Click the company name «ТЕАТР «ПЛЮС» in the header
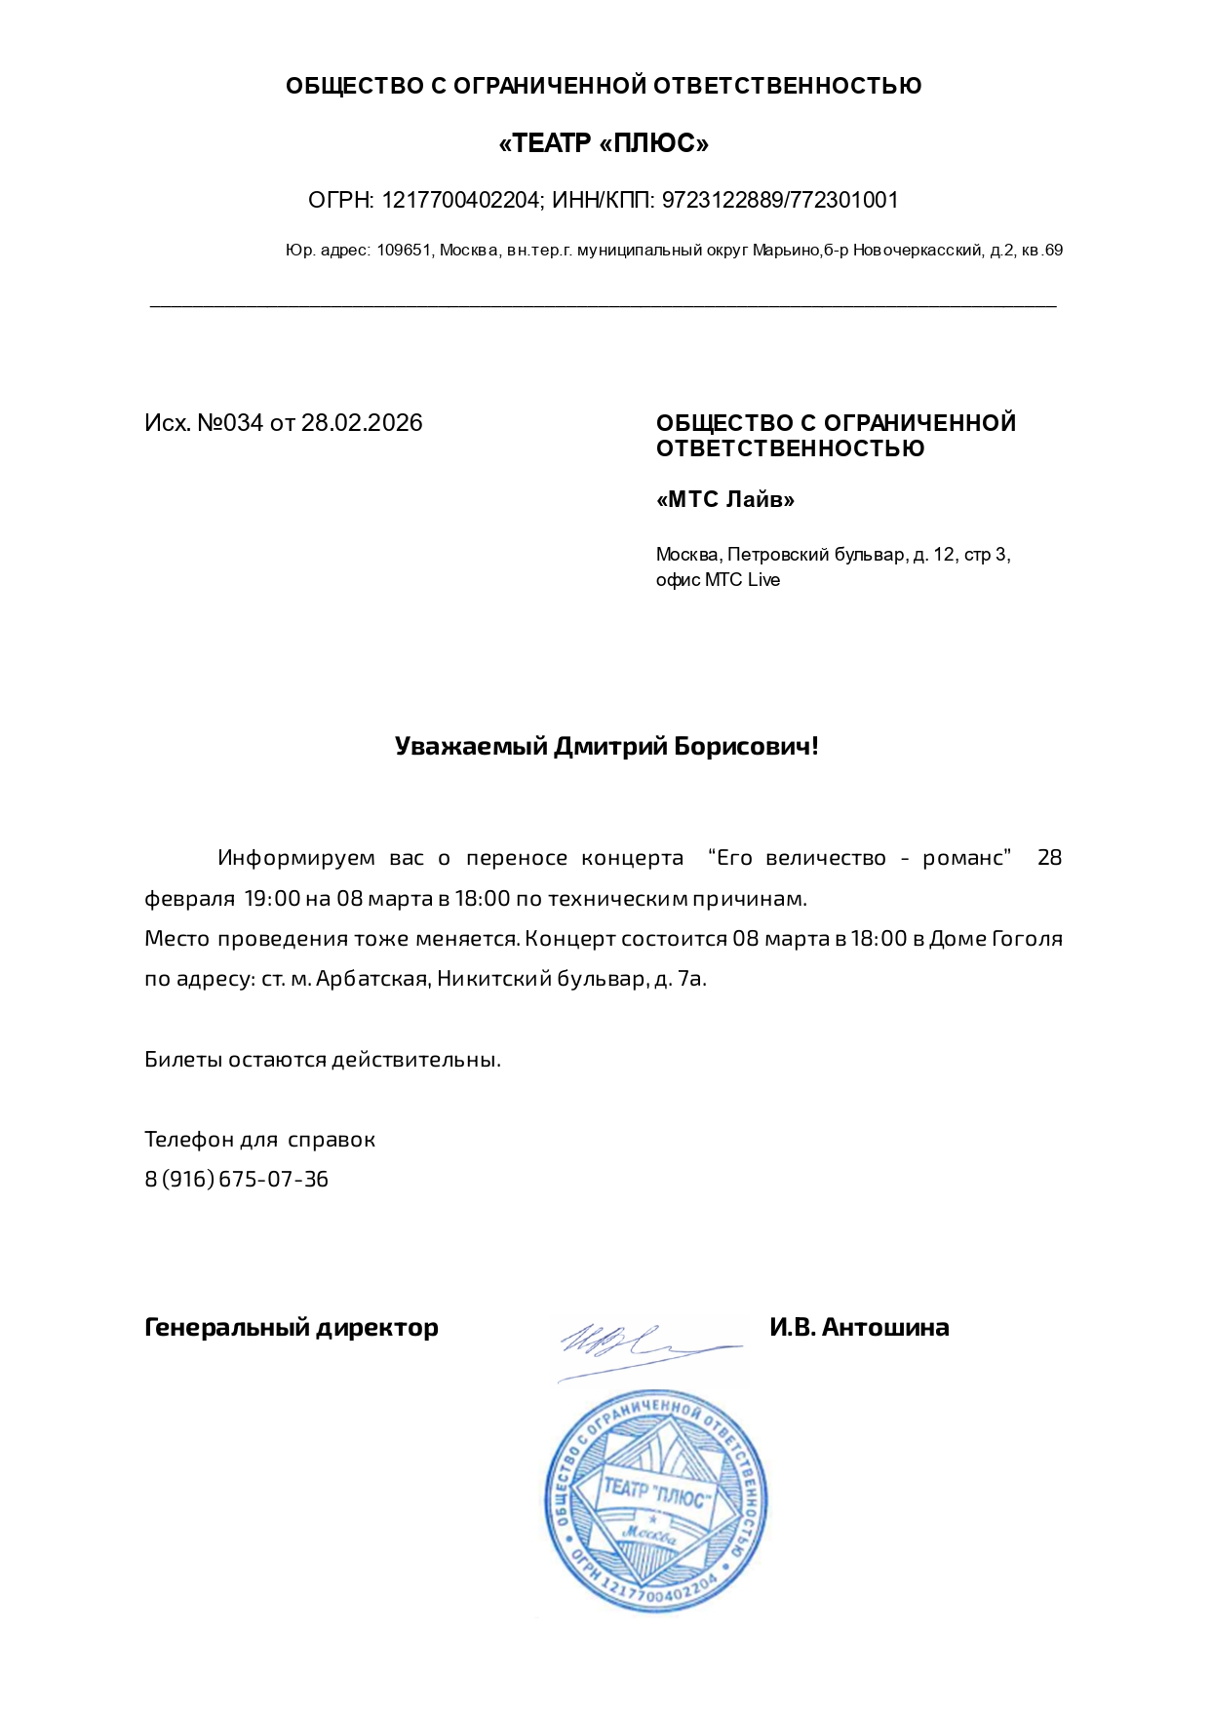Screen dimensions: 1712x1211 click(604, 144)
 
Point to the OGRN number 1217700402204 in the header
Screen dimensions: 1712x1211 click(460, 201)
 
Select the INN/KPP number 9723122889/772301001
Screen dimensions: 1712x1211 click(780, 201)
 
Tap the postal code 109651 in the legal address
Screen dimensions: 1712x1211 click(404, 251)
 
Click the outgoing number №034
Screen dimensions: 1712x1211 click(230, 423)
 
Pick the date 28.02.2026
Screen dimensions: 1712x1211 click(362, 423)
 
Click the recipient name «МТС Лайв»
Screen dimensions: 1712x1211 click(725, 500)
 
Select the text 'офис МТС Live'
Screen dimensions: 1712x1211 click(718, 580)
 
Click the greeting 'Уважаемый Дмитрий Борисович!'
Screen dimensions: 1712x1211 click(606, 747)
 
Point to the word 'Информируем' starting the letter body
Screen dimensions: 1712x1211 click(296, 858)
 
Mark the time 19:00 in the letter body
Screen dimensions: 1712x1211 click(272, 899)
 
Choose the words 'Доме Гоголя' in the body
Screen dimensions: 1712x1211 click(996, 939)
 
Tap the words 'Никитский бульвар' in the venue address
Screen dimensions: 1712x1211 click(541, 979)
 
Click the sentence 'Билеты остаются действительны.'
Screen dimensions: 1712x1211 click(323, 1060)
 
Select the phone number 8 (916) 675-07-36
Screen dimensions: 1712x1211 click(237, 1180)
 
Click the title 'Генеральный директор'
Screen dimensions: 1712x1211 click(292, 1328)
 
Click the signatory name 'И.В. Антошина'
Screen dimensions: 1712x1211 click(859, 1328)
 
